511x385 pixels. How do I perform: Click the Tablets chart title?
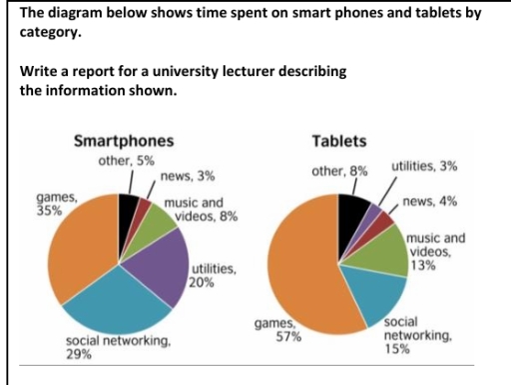click(339, 141)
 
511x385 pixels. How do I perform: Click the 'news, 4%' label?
click(431, 201)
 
